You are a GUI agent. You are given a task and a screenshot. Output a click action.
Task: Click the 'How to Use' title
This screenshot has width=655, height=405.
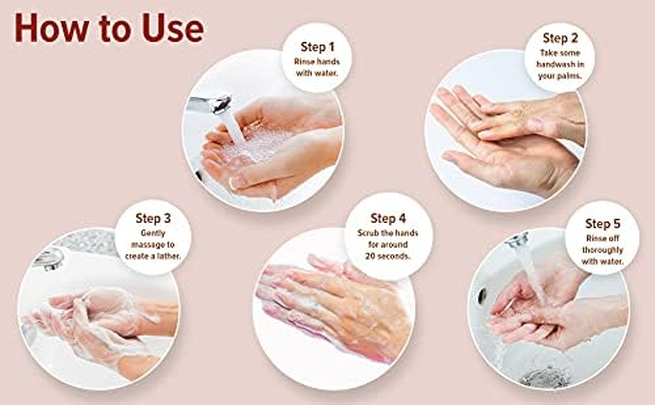pyautogui.click(x=109, y=28)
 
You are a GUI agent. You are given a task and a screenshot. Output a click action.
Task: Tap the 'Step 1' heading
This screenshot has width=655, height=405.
pyautogui.click(x=317, y=47)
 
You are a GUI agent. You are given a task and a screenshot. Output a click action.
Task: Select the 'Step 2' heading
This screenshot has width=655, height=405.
pyautogui.click(x=560, y=38)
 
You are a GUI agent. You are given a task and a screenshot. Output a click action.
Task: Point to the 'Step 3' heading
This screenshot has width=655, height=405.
pyautogui.click(x=153, y=218)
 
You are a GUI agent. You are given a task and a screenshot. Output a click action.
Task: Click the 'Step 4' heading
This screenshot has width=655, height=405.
pyautogui.click(x=388, y=218)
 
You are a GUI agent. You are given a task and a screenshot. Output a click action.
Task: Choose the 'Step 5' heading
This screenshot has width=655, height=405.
pyautogui.click(x=603, y=224)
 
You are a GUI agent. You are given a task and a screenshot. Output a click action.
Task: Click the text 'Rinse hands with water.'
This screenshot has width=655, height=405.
pyautogui.click(x=317, y=67)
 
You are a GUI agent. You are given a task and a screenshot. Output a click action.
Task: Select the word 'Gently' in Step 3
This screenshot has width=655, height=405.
pyautogui.click(x=153, y=233)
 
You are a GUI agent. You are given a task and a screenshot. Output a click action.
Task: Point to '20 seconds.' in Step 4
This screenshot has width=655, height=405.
pyautogui.click(x=388, y=256)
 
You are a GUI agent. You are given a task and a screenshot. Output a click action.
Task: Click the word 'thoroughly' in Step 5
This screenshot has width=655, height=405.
pyautogui.click(x=603, y=250)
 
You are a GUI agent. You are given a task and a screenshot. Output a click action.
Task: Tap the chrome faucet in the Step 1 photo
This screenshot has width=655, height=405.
pyautogui.click(x=210, y=104)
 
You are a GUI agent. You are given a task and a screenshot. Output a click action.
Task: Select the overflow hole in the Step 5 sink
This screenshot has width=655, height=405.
pyautogui.click(x=482, y=295)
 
